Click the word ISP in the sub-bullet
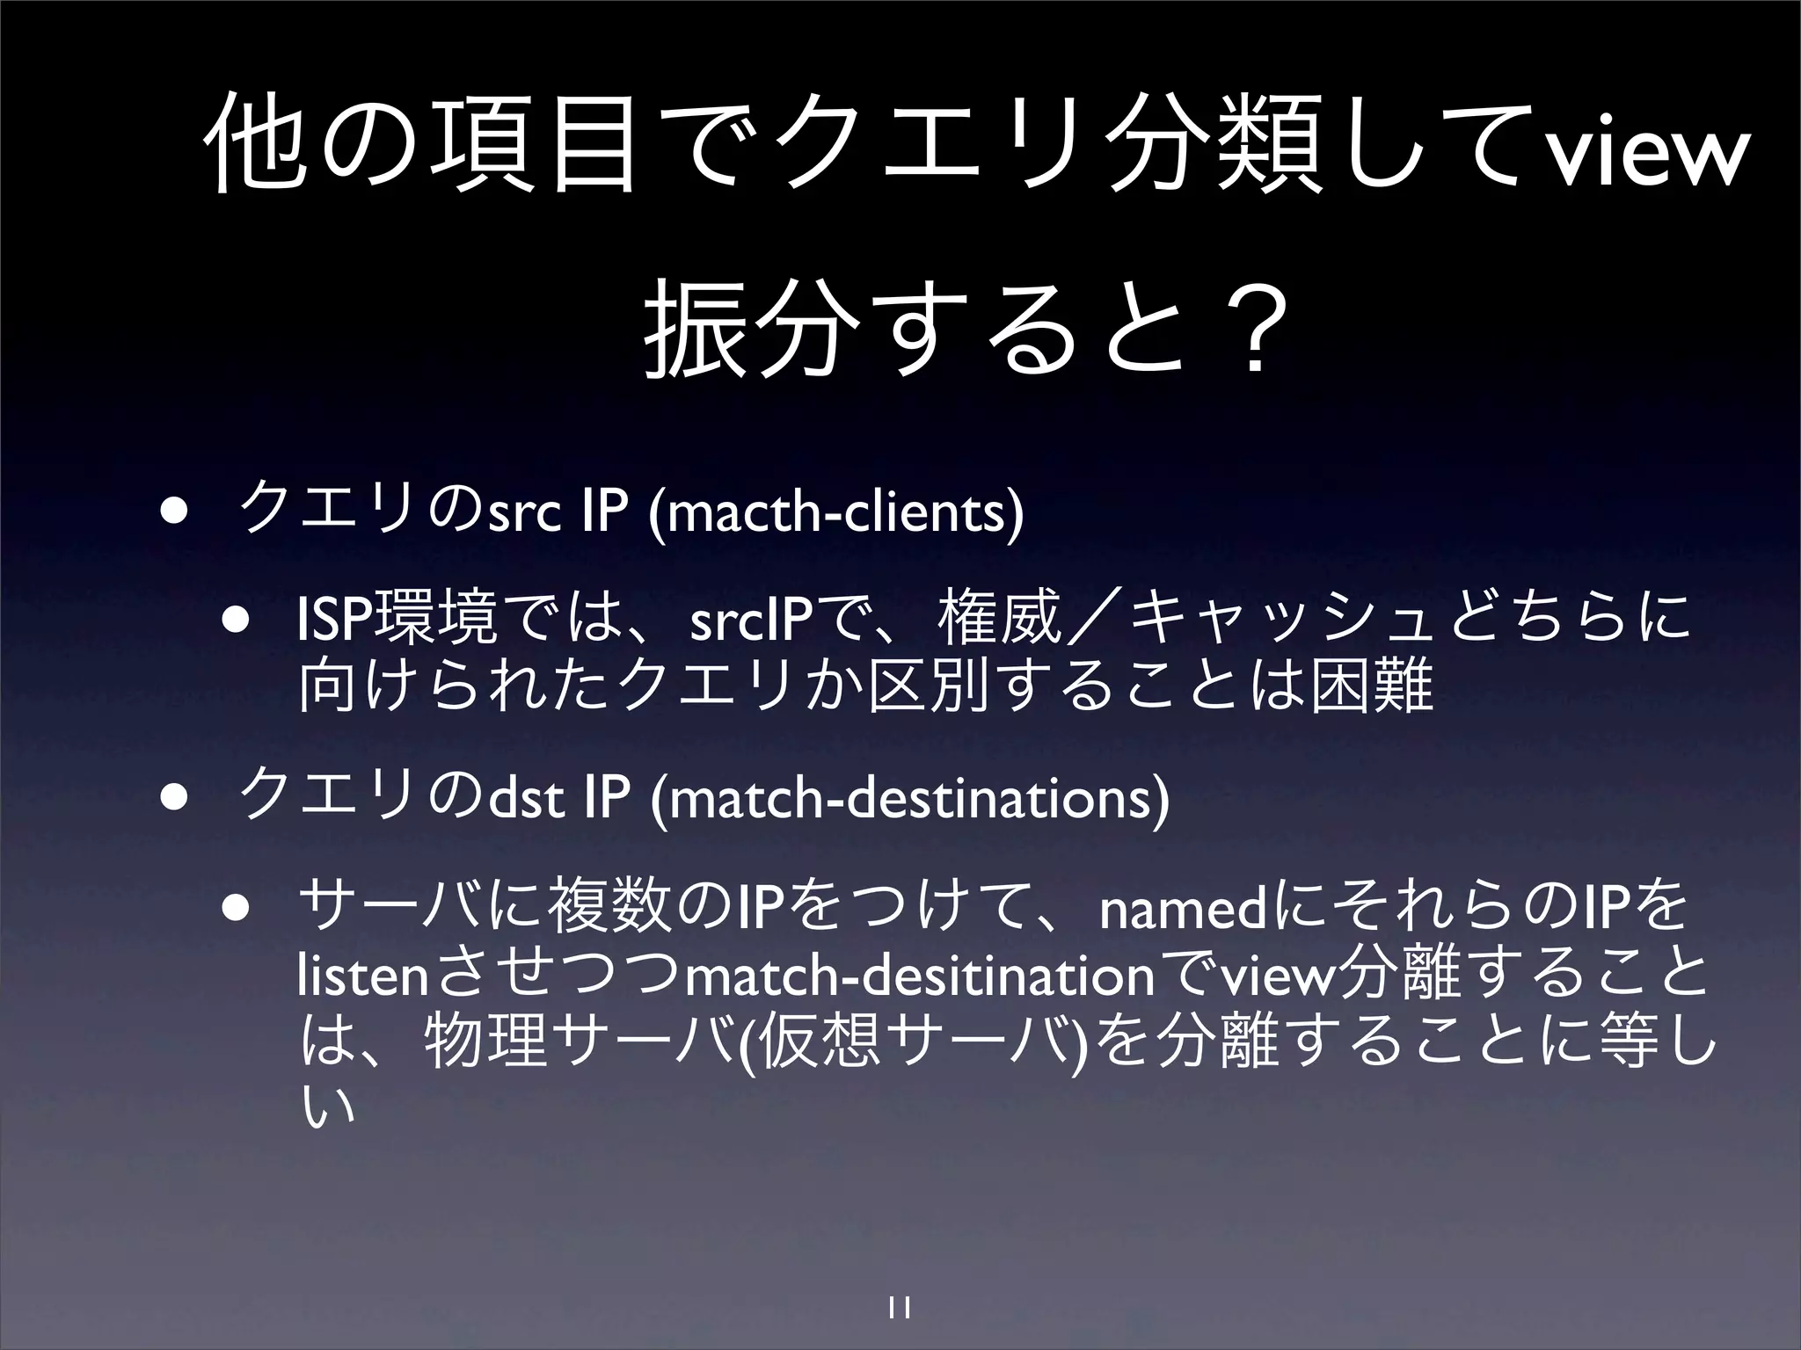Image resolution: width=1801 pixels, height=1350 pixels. click(x=336, y=621)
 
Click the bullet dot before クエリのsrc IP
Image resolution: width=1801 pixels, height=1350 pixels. click(x=172, y=512)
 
